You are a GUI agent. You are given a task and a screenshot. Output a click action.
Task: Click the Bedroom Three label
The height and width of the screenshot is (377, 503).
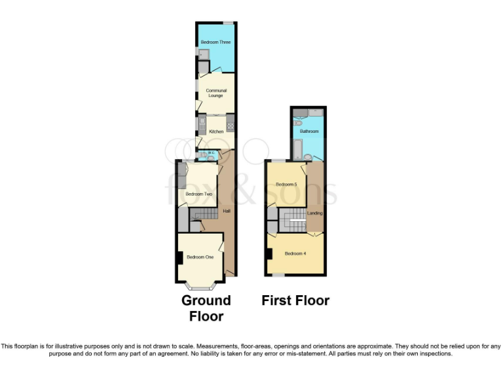tap(215, 43)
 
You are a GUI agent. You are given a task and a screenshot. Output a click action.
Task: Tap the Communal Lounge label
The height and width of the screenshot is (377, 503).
tap(216, 93)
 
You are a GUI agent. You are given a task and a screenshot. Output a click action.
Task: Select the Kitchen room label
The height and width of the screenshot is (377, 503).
tap(216, 132)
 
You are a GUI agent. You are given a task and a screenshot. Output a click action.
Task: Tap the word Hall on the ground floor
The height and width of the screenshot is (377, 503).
tap(227, 211)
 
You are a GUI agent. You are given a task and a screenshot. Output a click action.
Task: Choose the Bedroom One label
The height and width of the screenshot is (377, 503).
tap(200, 257)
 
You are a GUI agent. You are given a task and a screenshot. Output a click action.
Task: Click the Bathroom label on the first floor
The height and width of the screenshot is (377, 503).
tap(309, 132)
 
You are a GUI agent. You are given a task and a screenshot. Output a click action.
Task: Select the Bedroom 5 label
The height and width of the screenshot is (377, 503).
tap(287, 185)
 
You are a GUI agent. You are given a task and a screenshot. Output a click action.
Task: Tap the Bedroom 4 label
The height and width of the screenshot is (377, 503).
tap(295, 253)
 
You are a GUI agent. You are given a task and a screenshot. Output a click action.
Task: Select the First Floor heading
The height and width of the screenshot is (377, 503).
tap(295, 301)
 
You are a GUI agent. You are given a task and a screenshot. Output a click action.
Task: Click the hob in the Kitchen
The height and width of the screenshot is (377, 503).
tap(230, 122)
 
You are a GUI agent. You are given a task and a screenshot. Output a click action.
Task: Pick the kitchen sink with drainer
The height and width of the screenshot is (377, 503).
tap(202, 123)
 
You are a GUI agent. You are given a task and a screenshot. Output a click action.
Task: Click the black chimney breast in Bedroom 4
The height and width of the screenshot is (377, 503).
tap(269, 252)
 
